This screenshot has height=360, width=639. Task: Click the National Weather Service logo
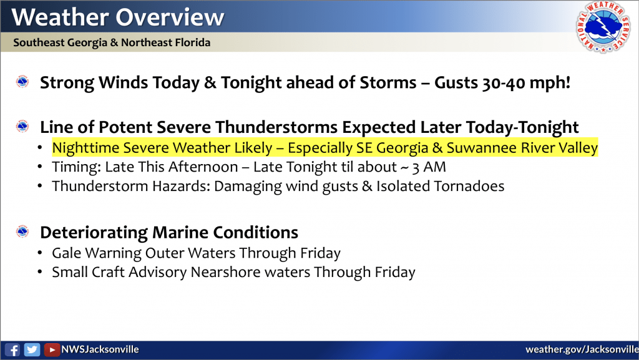[x=603, y=27]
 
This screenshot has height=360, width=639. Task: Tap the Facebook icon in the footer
[x=12, y=350]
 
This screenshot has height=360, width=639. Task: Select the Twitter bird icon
[x=32, y=350]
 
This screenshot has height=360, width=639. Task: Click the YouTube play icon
[x=52, y=350]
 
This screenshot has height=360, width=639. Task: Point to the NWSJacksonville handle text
[x=100, y=349]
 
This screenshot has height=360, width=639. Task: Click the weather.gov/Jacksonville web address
[x=582, y=349]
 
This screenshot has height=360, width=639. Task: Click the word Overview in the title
[x=170, y=17]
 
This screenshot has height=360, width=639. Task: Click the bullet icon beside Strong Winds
[x=22, y=82]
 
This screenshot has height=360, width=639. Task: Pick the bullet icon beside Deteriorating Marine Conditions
[x=22, y=231]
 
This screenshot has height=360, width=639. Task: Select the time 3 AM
[x=429, y=167]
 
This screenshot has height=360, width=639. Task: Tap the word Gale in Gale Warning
[x=67, y=253]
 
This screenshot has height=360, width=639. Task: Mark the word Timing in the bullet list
[x=76, y=167]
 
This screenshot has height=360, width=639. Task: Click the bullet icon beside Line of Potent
[x=22, y=127]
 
